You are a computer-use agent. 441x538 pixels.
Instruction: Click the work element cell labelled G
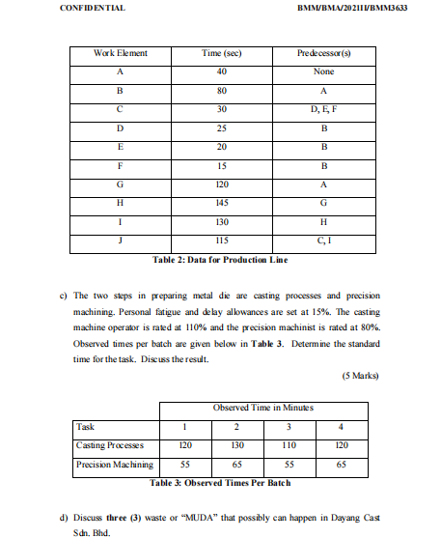click(x=120, y=184)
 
